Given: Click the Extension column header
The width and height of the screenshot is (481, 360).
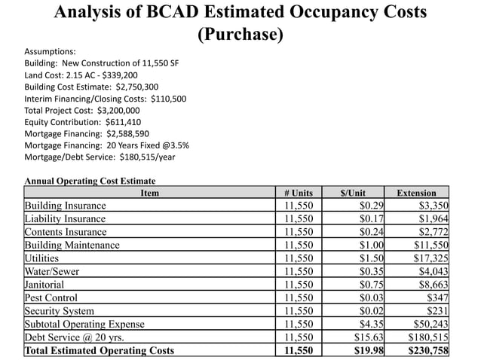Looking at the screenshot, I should pyautogui.click(x=416, y=193).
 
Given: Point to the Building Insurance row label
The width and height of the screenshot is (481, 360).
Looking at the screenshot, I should pyautogui.click(x=66, y=205).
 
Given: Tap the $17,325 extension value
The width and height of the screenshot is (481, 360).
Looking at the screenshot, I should pyautogui.click(x=430, y=258).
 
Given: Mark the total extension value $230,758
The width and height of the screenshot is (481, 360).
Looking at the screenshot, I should pyautogui.click(x=427, y=350).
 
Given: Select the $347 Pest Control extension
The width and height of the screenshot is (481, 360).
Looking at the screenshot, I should pyautogui.click(x=437, y=297).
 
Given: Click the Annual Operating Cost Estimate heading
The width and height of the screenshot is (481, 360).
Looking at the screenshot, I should pyautogui.click(x=90, y=181).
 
